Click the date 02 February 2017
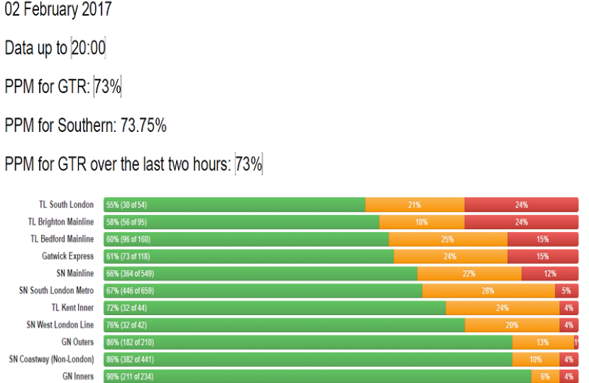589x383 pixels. click(x=58, y=11)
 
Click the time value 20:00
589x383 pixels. click(x=88, y=48)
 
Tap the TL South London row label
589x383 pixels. click(x=66, y=205)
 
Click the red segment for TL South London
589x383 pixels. click(x=521, y=205)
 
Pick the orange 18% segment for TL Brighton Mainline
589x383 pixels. click(x=422, y=222)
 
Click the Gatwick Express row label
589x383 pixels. click(x=67, y=256)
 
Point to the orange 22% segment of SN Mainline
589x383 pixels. click(x=469, y=274)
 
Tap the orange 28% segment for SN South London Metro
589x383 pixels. click(x=488, y=291)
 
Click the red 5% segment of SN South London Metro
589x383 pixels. click(x=566, y=291)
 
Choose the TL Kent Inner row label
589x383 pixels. click(x=72, y=308)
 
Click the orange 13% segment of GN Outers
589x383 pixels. click(x=543, y=342)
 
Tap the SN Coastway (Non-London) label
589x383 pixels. click(x=51, y=359)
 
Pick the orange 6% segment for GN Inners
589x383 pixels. click(x=545, y=377)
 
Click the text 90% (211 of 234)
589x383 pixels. click(x=129, y=377)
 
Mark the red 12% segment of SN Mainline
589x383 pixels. click(x=549, y=274)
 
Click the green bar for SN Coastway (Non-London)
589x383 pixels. click(x=308, y=359)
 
